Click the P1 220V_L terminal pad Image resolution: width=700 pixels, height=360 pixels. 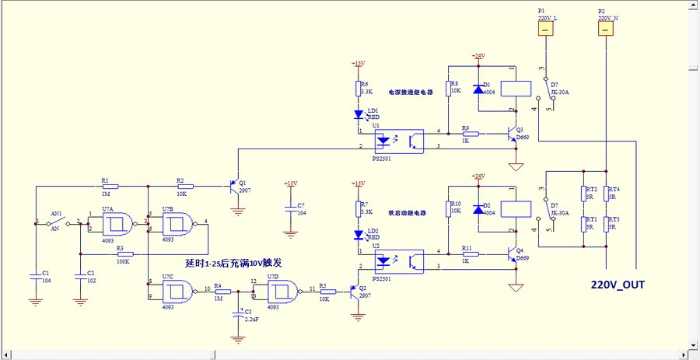click(x=545, y=28)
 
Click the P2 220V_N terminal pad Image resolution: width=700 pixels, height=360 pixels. click(x=605, y=28)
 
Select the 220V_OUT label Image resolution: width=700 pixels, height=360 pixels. click(x=618, y=284)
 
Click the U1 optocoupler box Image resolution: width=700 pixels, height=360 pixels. click(x=400, y=141)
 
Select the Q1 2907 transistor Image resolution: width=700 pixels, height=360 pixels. click(x=235, y=187)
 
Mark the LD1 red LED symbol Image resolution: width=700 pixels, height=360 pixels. click(x=358, y=115)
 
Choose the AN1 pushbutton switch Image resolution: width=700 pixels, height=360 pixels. click(x=56, y=222)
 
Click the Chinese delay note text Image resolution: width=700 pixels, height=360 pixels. click(x=233, y=264)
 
